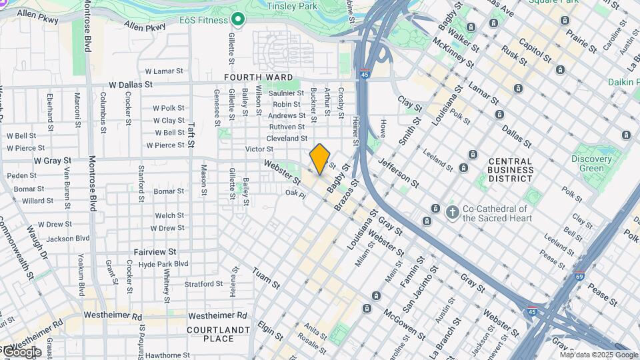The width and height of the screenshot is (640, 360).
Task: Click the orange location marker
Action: [320, 159]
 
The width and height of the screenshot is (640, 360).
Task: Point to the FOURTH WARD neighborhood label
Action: [258, 78]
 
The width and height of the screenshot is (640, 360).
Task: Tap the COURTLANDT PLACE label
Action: [210, 334]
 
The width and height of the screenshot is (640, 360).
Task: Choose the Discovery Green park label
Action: [591, 164]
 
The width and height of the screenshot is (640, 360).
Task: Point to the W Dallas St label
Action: [131, 85]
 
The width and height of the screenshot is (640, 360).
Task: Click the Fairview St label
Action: [155, 252]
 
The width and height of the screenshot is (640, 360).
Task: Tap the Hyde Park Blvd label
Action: [163, 264]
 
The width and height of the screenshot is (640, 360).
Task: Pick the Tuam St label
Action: [265, 278]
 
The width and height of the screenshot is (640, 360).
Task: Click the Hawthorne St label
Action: [167, 355]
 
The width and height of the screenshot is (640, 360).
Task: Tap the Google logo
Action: [21, 352]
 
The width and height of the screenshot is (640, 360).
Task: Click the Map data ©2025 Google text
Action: [599, 355]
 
